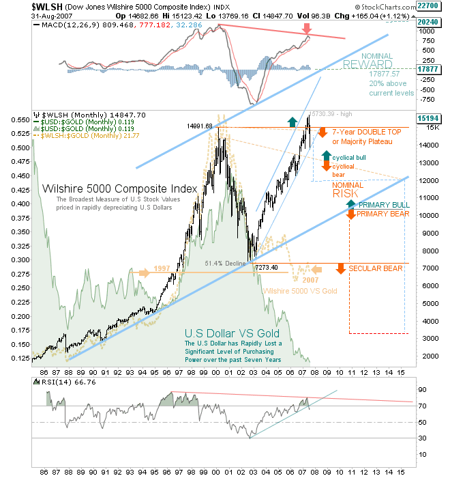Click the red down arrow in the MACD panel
[x=307, y=28]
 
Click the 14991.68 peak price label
[x=199, y=126]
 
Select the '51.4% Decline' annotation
[x=226, y=262]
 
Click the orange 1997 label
[x=162, y=268]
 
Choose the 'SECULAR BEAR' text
[x=376, y=268]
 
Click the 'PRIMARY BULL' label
[x=384, y=205]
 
